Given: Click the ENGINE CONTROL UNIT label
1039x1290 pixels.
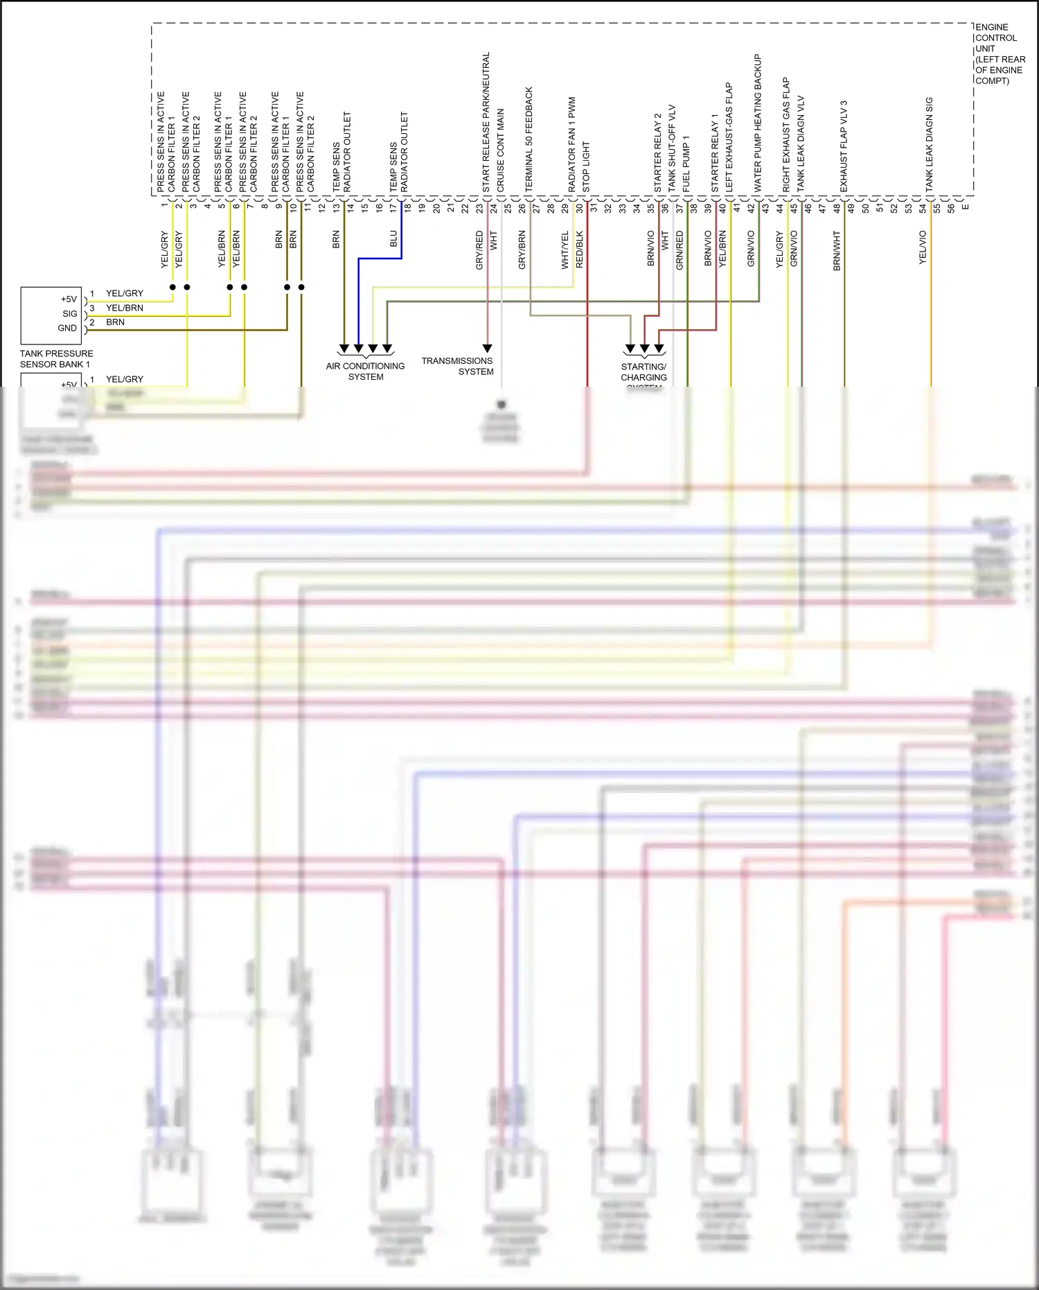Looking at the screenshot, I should (1000, 54).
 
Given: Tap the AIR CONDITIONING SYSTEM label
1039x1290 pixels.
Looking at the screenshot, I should (366, 372).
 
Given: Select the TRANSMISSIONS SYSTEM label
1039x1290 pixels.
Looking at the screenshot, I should (458, 366).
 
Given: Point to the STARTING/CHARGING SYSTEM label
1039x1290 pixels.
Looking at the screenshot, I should (643, 373).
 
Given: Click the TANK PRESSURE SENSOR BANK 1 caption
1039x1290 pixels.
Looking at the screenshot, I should (56, 359).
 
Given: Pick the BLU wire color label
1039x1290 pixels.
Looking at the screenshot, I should (393, 239).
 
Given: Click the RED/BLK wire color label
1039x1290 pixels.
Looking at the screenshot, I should (580, 250).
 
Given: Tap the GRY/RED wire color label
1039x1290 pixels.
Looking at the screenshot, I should (479, 250).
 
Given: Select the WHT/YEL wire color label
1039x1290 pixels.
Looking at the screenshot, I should (565, 250).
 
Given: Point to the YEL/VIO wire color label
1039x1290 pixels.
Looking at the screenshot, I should (923, 247).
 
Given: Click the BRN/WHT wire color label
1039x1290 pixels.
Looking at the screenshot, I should (837, 250).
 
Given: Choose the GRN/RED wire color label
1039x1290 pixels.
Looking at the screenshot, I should (680, 250).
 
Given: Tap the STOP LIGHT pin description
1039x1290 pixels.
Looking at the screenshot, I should (586, 167).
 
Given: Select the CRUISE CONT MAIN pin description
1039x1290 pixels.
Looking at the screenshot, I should (501, 150).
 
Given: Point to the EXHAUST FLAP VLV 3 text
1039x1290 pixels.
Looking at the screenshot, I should (844, 146).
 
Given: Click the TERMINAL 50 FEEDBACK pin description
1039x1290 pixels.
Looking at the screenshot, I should (529, 139).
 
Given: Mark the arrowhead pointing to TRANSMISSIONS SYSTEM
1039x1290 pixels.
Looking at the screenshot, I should (487, 348).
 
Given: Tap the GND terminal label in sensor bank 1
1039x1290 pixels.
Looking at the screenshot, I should (67, 329).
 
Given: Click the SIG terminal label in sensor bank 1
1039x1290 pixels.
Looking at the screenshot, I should (70, 314).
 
